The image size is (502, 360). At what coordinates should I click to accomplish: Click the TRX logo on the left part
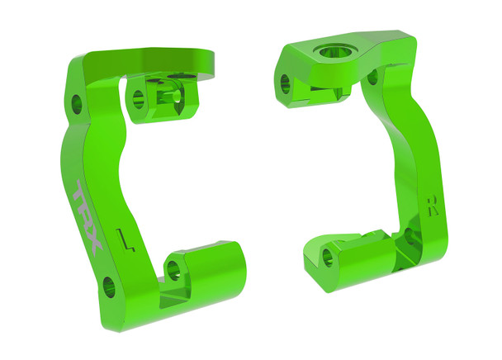(86, 217)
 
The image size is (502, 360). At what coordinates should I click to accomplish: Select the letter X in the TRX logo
(92, 244)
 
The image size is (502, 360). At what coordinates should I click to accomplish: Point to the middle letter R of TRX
(86, 216)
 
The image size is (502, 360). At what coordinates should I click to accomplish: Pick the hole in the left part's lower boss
(174, 267)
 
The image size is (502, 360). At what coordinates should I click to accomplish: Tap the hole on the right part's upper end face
(286, 82)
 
